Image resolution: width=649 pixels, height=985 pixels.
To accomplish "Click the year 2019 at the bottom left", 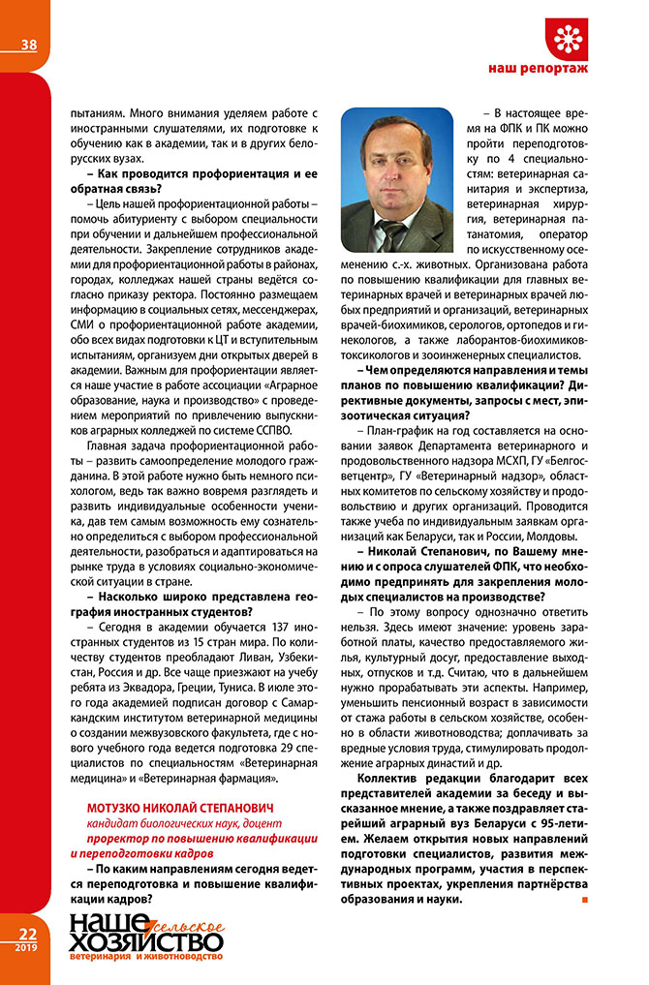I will (27, 948).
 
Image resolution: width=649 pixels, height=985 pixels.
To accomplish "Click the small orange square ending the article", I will (584, 900).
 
